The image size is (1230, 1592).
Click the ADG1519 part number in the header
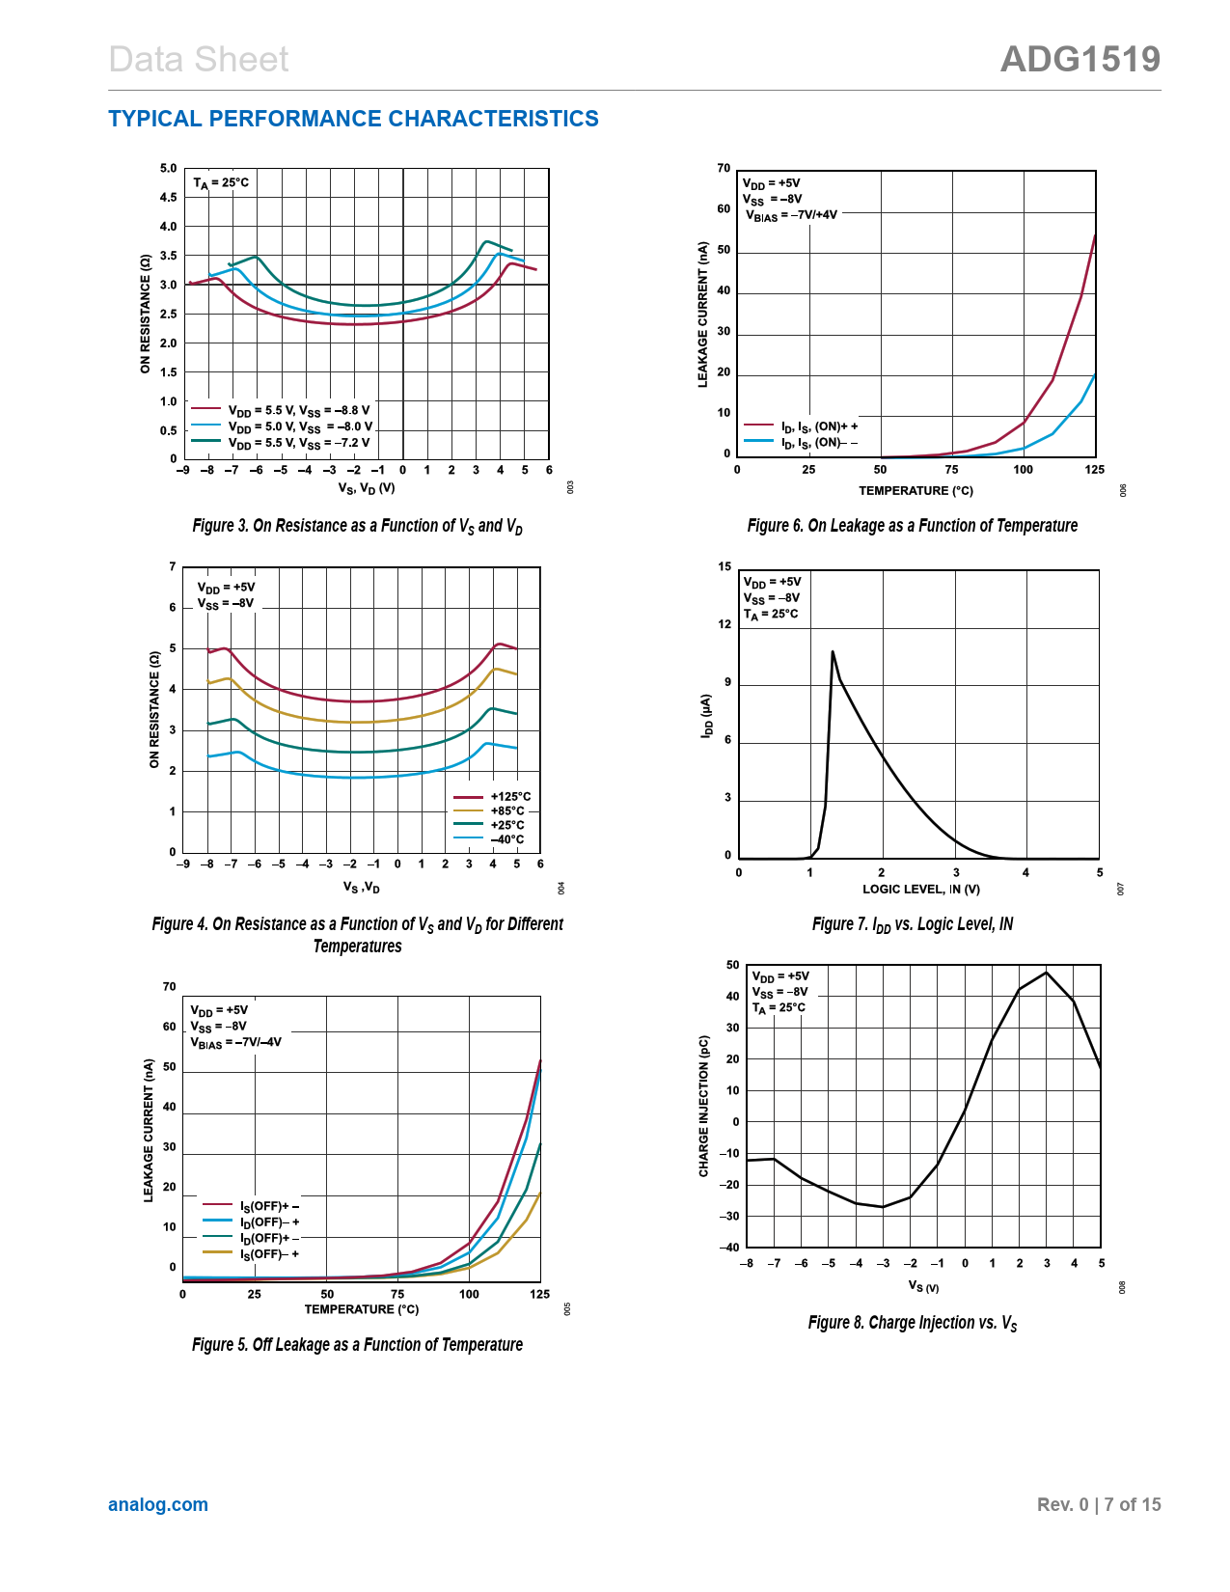[1080, 60]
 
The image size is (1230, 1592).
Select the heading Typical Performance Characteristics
[353, 119]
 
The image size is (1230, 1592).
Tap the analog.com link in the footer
[158, 1504]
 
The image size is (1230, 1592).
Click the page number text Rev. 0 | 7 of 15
[1099, 1504]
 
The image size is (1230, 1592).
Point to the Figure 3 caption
[357, 526]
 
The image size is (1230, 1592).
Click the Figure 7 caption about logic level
[913, 924]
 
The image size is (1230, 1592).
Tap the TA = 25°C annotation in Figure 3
[221, 182]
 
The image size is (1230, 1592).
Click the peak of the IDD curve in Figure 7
[833, 652]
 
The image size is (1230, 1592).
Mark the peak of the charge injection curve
[1047, 973]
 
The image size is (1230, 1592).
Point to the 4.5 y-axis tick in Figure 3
[169, 198]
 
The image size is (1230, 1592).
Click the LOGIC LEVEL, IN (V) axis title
[920, 890]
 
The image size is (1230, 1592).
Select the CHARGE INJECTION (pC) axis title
[704, 1106]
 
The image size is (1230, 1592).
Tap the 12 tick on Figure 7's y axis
[724, 624]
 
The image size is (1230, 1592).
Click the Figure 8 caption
[913, 1323]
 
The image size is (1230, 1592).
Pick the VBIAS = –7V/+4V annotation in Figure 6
[791, 215]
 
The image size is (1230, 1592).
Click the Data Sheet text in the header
[199, 60]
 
